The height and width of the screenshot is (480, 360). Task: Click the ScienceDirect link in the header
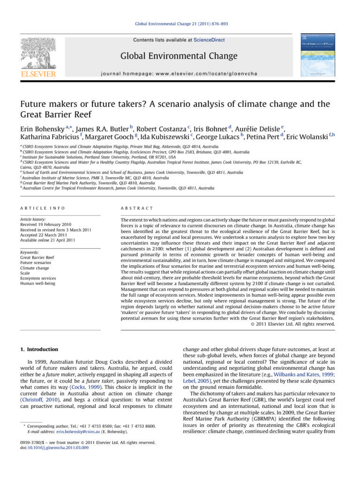[209, 40]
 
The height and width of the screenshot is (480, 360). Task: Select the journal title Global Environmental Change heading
[179, 57]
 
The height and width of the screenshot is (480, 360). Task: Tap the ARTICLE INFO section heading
[43, 208]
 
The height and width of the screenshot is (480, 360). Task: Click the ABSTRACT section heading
[137, 208]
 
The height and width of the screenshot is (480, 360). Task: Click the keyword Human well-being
[38, 284]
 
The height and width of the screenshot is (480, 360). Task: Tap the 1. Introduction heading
[40, 349]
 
